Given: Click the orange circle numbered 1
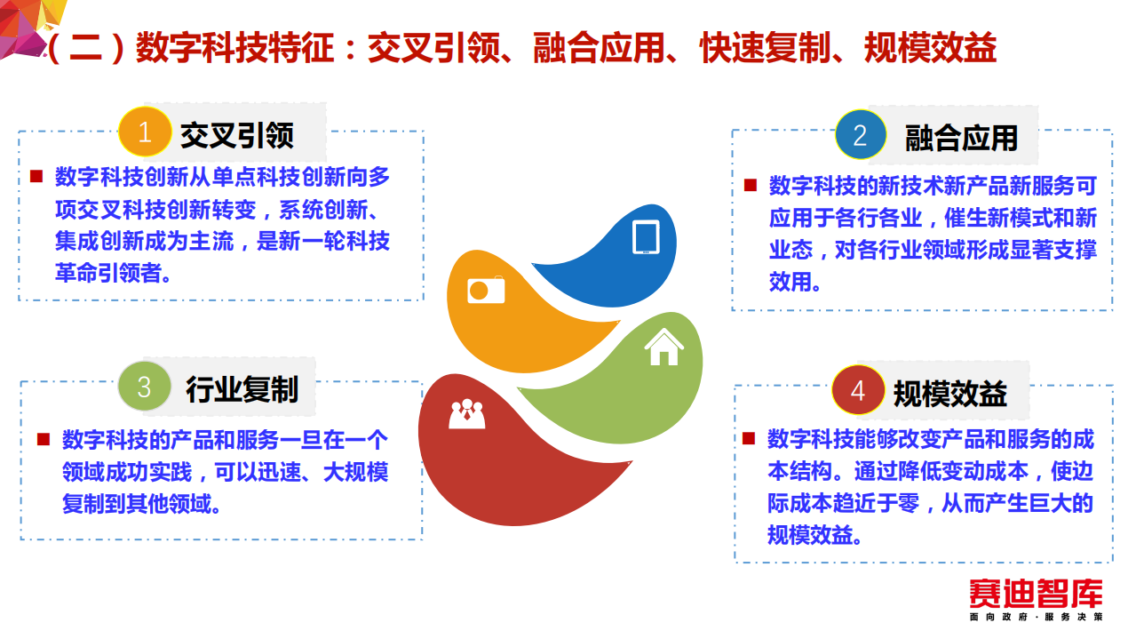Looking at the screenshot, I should pos(146,134).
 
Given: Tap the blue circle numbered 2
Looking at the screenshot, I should pos(860,135).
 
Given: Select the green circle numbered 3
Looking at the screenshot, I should pos(145,388).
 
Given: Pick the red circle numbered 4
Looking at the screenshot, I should pos(858,391).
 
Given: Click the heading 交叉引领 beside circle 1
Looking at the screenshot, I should pos(237,135).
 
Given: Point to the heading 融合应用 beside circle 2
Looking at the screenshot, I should pos(961,138).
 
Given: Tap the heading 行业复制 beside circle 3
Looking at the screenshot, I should pos(242,389).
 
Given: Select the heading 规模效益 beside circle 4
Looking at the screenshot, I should pos(950,394).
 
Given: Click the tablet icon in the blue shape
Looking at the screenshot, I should pos(646,237).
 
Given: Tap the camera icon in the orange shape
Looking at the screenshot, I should pos(486,290).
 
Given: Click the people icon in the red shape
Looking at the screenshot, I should pos(466,414).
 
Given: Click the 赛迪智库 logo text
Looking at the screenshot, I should pos(1036,594).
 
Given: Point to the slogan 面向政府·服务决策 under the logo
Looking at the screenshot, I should pos(1036,617).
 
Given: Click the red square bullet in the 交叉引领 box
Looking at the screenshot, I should pos(36,177).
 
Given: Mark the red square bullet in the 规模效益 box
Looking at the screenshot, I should pos(749,438).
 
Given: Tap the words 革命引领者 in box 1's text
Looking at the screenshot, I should pos(113,273).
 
